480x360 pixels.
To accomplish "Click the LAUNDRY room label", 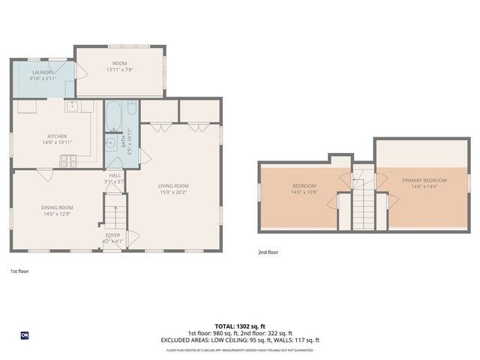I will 43,73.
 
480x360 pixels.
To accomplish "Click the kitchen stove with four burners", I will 69,159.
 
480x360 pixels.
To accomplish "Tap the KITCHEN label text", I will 57,136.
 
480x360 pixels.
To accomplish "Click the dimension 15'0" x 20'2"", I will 173,192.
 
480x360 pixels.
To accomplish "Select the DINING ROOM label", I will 57,208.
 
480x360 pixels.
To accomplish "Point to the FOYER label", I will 113,235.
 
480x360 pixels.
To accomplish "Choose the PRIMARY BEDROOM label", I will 424,180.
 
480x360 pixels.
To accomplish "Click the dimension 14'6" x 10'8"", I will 304,192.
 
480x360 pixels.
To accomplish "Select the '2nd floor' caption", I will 268,253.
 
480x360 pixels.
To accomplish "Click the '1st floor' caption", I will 19,270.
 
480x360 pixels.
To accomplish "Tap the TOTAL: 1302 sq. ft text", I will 240,327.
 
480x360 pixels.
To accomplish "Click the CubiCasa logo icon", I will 24,335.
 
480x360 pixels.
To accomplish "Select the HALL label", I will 114,175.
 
